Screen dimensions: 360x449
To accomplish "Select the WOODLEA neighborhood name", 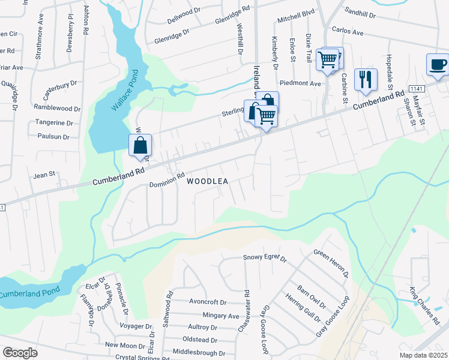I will click(x=207, y=181).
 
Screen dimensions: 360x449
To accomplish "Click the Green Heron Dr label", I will click(x=331, y=263).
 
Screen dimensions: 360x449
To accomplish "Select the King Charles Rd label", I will click(x=425, y=307).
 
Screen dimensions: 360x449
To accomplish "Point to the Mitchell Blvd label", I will click(x=295, y=20).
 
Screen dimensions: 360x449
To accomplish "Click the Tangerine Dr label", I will click(x=53, y=123).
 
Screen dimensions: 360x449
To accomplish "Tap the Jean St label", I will click(x=44, y=174).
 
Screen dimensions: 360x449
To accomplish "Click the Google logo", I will click(x=20, y=353).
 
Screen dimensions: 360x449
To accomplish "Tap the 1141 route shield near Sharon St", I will click(x=415, y=88).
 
